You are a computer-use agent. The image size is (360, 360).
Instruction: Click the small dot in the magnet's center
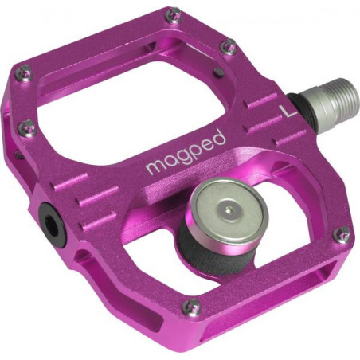229,209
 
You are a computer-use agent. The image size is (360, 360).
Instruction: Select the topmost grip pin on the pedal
172,15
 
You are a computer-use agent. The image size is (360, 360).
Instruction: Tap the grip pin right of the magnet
342,234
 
